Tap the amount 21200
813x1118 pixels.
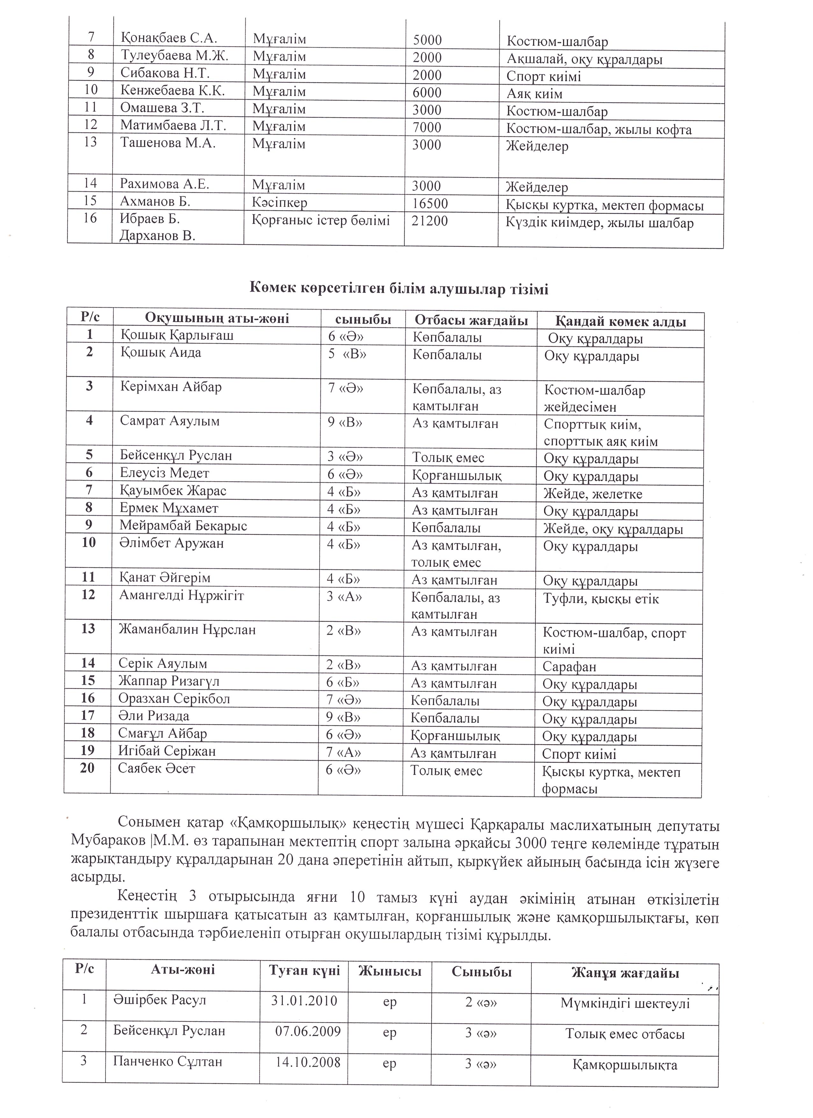tap(430, 221)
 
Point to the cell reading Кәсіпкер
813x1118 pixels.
tap(279, 203)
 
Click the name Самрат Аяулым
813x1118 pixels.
tap(169, 421)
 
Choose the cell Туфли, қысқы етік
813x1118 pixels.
tap(601, 599)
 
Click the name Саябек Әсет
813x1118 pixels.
tap(156, 768)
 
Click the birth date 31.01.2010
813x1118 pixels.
tap(304, 1001)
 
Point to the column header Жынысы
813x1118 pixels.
tap(390, 971)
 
